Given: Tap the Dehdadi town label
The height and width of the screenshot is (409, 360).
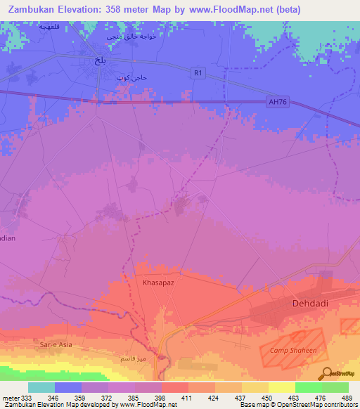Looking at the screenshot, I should pos(312,304).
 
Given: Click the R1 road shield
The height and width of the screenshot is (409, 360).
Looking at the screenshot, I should pos(199,72).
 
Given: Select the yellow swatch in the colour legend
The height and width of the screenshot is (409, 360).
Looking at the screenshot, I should pos(281,387).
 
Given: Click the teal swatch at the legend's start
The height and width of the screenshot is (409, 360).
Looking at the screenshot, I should pos(41,387).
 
